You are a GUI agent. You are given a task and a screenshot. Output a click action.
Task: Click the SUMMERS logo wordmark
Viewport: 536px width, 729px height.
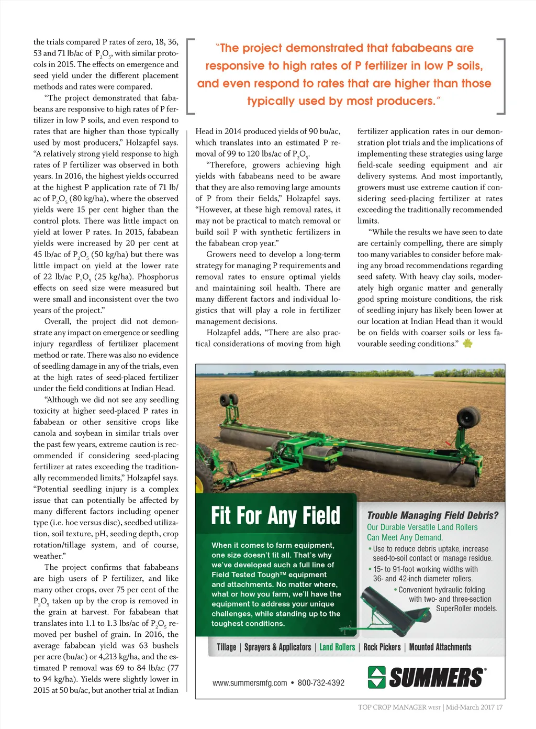(x=437, y=677)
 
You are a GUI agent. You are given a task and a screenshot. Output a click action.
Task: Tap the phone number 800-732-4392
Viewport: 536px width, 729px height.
(x=321, y=683)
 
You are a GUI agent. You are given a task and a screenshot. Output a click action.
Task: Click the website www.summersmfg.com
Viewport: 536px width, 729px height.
(x=250, y=683)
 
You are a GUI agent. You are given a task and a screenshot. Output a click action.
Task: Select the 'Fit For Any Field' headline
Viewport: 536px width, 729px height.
(x=275, y=515)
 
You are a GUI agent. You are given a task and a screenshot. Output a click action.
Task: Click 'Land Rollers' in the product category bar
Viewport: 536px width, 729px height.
(x=337, y=647)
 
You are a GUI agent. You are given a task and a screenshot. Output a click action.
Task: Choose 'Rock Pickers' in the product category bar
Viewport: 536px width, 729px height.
(x=382, y=647)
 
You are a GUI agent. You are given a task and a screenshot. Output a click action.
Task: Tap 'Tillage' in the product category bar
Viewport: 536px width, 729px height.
(x=226, y=647)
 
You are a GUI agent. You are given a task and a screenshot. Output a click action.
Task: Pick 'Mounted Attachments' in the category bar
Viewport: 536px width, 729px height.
(x=440, y=647)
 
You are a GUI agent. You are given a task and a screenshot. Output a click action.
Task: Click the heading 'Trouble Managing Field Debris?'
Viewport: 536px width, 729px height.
(x=432, y=515)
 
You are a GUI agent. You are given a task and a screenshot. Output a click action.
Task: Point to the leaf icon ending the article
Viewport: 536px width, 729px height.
(x=467, y=344)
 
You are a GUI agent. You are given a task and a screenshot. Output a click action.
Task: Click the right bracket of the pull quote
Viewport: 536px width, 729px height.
(x=502, y=76)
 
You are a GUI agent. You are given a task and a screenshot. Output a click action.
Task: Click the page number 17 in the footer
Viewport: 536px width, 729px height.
(x=499, y=707)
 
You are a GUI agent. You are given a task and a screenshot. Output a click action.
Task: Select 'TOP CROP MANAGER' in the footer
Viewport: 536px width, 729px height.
(x=392, y=707)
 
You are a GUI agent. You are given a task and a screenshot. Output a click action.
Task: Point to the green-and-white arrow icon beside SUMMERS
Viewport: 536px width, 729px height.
(x=376, y=677)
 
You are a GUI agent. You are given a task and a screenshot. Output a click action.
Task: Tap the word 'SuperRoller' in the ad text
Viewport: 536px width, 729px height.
(x=456, y=609)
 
